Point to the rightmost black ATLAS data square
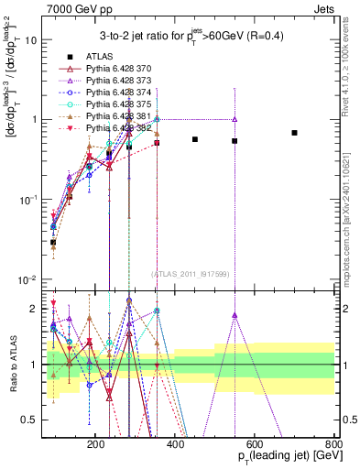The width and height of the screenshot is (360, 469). click(294, 133)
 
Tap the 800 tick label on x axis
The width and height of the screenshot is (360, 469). click(333, 443)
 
